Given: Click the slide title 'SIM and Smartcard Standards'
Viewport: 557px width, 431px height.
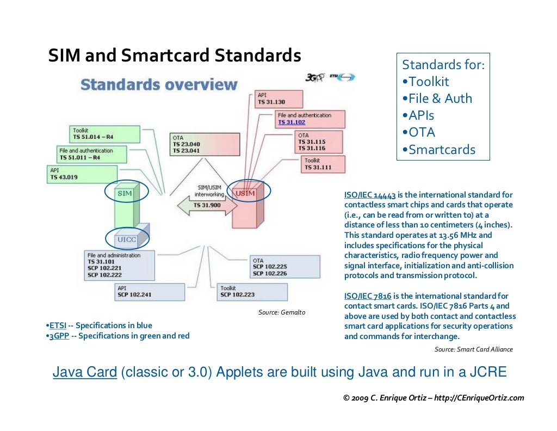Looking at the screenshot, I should click(175, 56).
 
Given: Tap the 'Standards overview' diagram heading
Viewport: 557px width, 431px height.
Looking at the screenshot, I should click(159, 85).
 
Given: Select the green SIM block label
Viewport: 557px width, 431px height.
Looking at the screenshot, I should click(125, 193).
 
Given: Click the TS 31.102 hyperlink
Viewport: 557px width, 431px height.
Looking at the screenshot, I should click(292, 122).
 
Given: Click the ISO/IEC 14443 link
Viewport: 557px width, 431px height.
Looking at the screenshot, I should click(370, 195).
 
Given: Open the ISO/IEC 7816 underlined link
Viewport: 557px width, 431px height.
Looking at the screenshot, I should click(367, 296).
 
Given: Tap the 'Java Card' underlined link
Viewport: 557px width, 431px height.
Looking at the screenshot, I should click(84, 373).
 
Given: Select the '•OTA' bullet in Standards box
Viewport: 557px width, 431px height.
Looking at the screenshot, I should click(419, 133).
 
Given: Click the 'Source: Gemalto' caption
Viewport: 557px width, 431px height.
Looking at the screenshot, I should click(281, 312).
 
